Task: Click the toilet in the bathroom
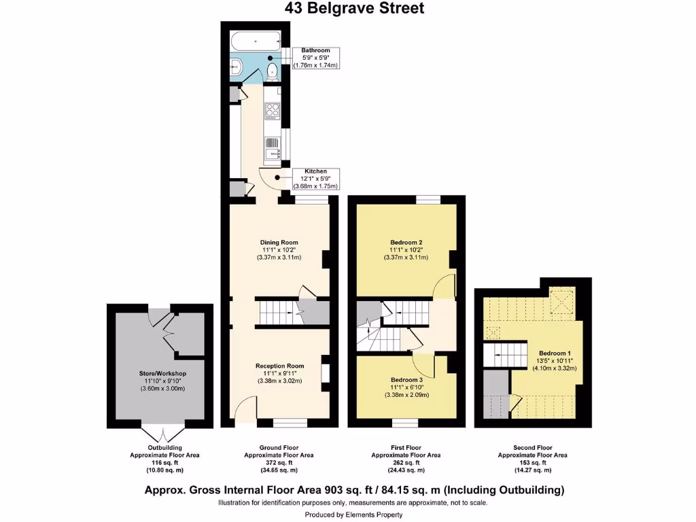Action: pos(272,70)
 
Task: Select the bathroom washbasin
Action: pos(236,67)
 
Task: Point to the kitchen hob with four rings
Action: pos(273,109)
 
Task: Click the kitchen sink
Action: pos(273,147)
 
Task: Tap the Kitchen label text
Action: pos(315,171)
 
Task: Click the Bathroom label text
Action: pos(315,50)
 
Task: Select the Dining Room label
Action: pos(279,242)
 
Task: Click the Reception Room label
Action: pos(279,366)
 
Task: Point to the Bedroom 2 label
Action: pos(406,242)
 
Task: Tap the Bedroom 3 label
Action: pos(406,379)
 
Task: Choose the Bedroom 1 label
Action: pos(555,353)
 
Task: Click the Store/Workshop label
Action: pos(162,373)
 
